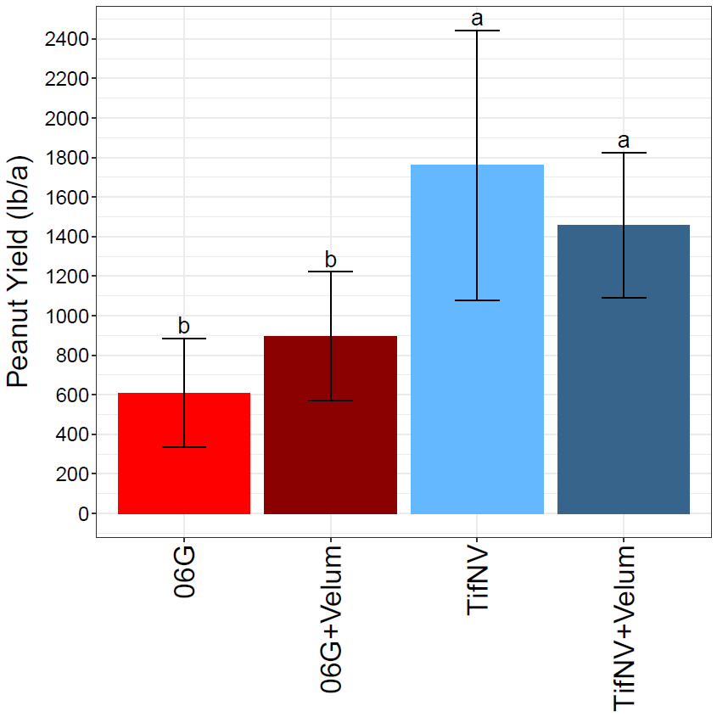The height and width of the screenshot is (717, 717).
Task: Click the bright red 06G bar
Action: (184, 475)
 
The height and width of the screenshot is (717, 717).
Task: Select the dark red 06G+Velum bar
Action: (331, 441)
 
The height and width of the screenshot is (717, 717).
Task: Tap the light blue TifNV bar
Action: (477, 382)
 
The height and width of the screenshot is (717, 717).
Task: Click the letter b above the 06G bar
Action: (184, 326)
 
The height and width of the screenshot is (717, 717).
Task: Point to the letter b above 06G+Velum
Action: (331, 259)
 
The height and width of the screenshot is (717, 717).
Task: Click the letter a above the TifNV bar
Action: (477, 18)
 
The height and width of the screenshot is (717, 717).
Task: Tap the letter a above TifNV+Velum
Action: (624, 140)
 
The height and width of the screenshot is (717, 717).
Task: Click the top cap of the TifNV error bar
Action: (477, 31)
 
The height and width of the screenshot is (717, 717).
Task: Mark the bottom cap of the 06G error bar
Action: (184, 446)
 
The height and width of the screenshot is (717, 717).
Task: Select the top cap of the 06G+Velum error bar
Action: (331, 272)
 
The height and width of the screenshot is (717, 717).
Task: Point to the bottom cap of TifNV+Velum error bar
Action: (624, 298)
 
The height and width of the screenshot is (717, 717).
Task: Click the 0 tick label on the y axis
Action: (82, 513)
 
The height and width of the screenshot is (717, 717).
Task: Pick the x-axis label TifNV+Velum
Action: (624, 628)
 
